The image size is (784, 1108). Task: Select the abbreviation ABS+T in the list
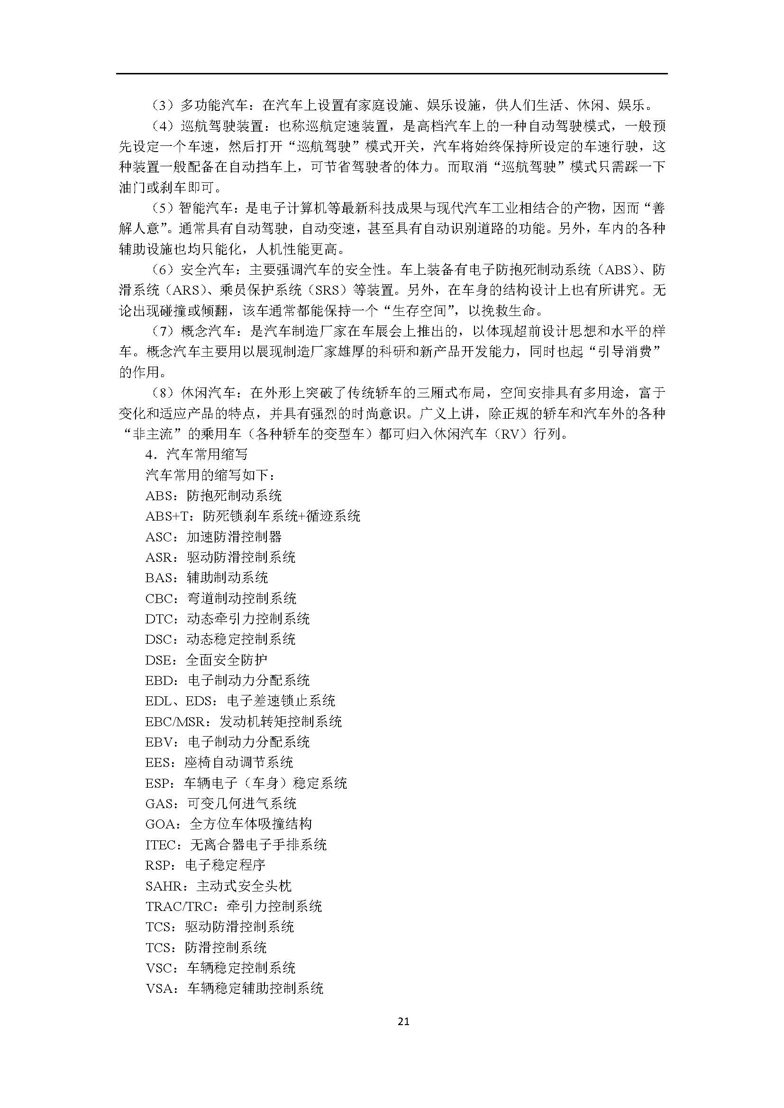(x=166, y=516)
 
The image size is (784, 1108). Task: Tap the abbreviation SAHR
(x=164, y=886)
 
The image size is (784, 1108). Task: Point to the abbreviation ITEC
(x=161, y=845)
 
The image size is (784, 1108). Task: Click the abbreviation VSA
(x=159, y=989)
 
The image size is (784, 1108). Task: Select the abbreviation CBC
(x=159, y=599)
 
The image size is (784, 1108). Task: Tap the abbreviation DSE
(x=158, y=660)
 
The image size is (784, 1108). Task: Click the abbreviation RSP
(x=158, y=865)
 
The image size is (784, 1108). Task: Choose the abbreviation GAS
(x=159, y=803)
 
